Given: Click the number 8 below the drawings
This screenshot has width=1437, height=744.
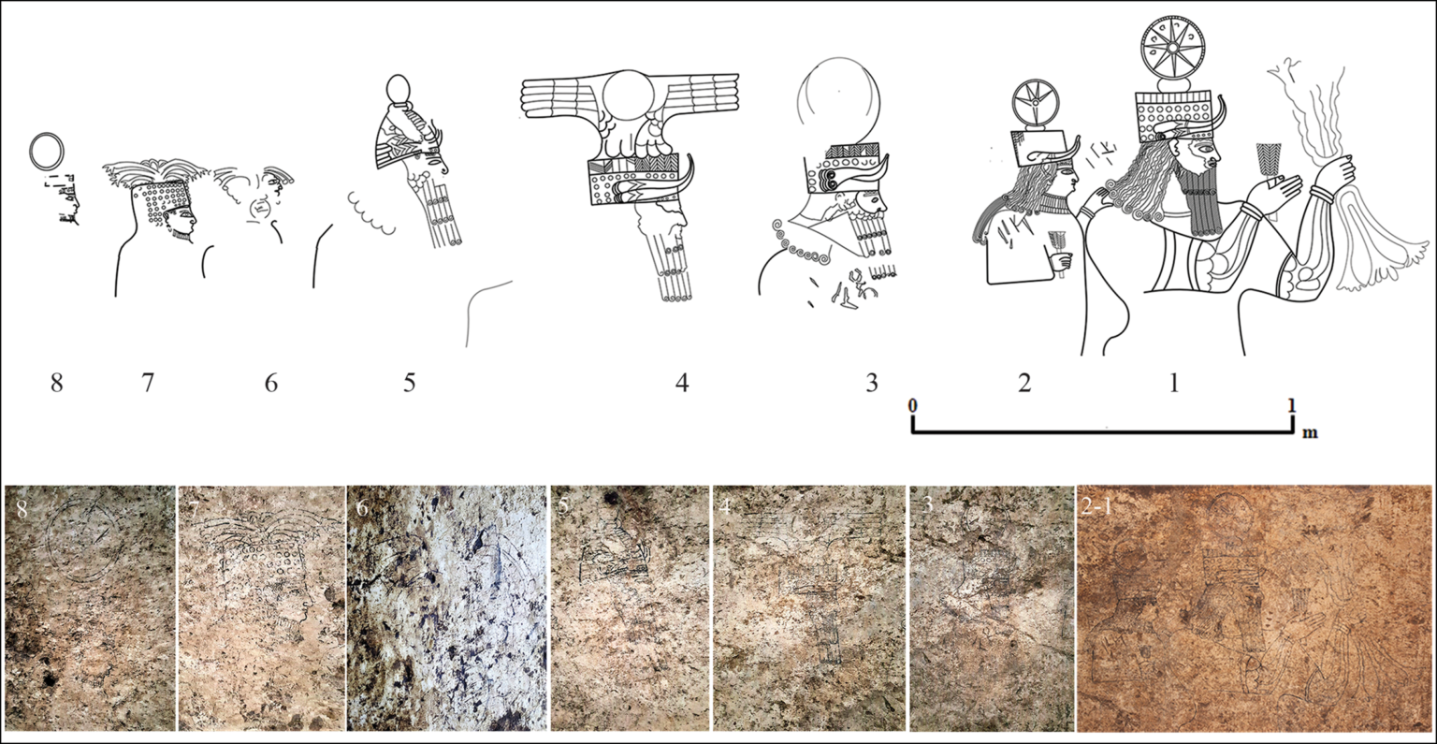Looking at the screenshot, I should point(57,383).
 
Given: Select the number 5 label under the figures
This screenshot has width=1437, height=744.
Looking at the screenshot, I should point(409,383).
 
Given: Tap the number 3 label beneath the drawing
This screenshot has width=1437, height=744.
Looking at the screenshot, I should point(871,383).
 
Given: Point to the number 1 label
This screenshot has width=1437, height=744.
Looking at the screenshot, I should point(1175,383).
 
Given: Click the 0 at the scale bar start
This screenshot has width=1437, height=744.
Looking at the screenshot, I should point(913,405).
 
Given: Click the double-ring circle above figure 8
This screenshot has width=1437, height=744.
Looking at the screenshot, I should point(47,150).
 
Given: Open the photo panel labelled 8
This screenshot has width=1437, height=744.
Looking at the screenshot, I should point(89,607).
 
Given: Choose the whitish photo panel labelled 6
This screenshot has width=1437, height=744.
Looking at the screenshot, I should point(447,607).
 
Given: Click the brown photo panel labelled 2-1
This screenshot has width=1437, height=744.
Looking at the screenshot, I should point(1256,607).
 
